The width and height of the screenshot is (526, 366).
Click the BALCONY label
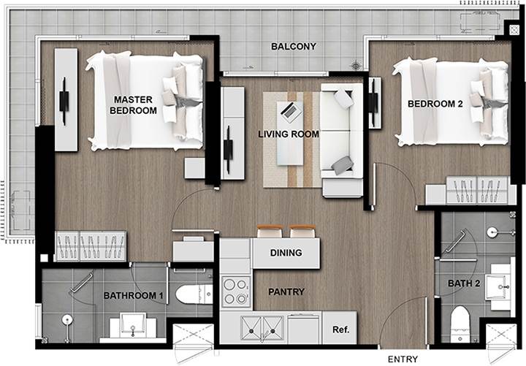point(294,46)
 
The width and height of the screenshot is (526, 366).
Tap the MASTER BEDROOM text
point(133,105)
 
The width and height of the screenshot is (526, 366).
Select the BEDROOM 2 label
point(435,104)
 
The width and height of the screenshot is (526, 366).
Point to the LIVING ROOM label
point(289,134)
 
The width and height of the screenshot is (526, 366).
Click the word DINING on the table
point(286,253)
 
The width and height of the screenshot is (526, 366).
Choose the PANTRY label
point(286,292)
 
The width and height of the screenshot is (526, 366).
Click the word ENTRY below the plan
point(403,359)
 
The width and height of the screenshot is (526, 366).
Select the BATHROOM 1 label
point(133,296)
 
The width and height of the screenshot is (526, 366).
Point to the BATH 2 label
point(464,283)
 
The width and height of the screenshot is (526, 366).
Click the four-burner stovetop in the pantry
point(236,291)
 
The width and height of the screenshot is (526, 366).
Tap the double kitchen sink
point(262,329)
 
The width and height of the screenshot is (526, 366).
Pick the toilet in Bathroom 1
point(194,294)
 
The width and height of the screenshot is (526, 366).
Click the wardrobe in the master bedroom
point(91,246)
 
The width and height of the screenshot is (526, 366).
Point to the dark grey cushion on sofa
point(343,164)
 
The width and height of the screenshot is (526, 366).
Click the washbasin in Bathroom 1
point(133,326)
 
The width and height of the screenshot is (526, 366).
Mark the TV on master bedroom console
point(64,101)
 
